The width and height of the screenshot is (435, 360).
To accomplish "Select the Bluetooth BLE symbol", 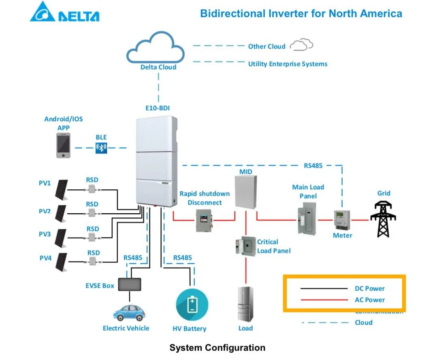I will (x=101, y=148).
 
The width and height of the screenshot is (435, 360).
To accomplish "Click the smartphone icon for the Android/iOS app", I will (x=63, y=146).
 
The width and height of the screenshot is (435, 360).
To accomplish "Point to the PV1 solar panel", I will (x=62, y=189).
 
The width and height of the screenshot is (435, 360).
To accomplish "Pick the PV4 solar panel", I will (x=62, y=262).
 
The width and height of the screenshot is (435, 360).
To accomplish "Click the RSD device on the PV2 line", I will (x=92, y=213).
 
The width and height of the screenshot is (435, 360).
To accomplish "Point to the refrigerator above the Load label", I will (x=245, y=304).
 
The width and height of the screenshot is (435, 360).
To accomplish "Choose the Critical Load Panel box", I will (x=245, y=246).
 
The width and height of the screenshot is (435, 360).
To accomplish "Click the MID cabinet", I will (x=245, y=193).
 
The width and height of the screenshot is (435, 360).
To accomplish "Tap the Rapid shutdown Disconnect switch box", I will (x=204, y=221).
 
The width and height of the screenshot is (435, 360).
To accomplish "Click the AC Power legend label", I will (x=369, y=300).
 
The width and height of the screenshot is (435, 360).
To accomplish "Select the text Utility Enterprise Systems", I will (x=288, y=64).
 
